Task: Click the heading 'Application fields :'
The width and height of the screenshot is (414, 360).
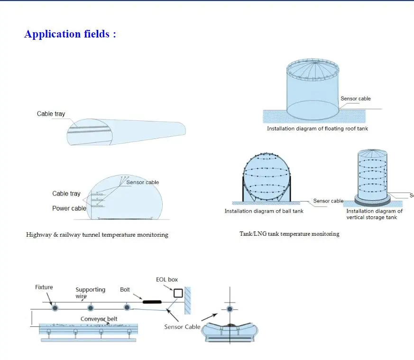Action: click(x=70, y=34)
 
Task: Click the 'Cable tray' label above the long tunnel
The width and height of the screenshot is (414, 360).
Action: click(x=51, y=114)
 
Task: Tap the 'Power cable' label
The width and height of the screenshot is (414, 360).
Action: click(x=69, y=208)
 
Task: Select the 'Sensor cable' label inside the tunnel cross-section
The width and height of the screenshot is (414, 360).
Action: click(x=142, y=182)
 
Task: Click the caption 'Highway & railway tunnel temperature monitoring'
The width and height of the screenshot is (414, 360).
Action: click(x=97, y=235)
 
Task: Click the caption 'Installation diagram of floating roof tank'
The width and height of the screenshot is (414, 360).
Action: click(x=317, y=129)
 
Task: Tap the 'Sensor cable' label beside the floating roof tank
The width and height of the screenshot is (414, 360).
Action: click(x=355, y=99)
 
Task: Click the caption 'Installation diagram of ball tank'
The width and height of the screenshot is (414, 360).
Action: click(x=264, y=211)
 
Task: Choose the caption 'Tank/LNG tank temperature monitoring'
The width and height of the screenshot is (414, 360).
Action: click(x=289, y=234)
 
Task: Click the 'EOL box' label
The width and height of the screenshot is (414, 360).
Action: click(x=167, y=280)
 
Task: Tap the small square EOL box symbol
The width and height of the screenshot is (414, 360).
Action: click(x=178, y=293)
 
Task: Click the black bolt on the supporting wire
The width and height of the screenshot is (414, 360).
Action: click(x=152, y=301)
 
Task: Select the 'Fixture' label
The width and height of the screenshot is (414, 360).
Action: click(x=44, y=287)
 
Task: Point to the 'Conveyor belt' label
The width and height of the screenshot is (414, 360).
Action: click(x=99, y=319)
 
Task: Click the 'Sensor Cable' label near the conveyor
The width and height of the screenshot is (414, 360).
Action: click(x=183, y=327)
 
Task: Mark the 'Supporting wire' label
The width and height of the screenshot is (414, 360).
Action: click(x=91, y=292)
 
